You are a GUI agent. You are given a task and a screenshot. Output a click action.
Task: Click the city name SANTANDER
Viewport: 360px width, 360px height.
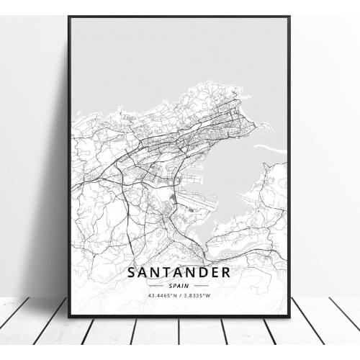point(179,272)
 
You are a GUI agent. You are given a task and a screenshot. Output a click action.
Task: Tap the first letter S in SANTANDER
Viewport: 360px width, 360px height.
point(132,272)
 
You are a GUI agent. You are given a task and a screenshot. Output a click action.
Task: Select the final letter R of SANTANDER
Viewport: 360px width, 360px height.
point(226,272)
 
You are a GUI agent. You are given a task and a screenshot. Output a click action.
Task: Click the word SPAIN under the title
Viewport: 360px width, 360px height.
point(179,285)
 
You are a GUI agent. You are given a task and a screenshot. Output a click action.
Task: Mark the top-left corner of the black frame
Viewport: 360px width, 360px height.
point(69,17)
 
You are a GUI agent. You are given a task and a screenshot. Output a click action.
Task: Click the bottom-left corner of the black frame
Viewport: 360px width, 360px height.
point(69,316)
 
